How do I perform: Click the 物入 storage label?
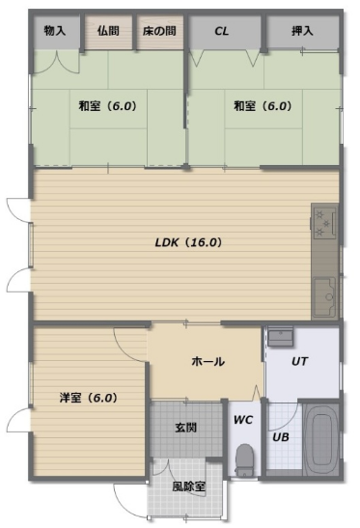[x=55, y=31]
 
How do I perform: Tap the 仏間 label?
[x=108, y=31]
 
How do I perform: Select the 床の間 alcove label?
[x=159, y=31]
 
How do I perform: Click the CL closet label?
[x=222, y=31]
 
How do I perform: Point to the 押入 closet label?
[x=302, y=31]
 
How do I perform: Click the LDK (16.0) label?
[x=188, y=242]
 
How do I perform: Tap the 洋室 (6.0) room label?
[x=88, y=398]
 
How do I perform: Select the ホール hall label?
[x=208, y=362]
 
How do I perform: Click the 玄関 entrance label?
[x=185, y=428]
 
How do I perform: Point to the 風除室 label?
[x=188, y=486]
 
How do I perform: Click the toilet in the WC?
[x=244, y=459]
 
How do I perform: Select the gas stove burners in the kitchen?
[x=324, y=223]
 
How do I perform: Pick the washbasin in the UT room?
[x=280, y=337]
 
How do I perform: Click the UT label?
[x=299, y=361]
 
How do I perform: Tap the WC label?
[x=243, y=420]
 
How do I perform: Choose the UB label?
[x=281, y=437]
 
